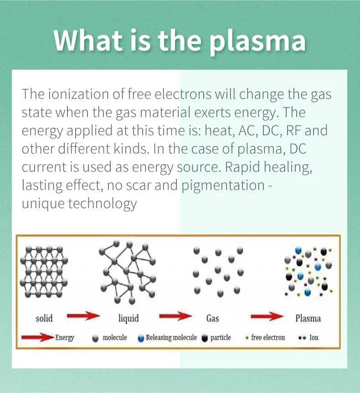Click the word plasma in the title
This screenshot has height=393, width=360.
[x=257, y=41]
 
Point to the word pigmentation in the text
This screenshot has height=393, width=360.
[x=223, y=186]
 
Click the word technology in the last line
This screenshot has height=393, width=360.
[x=103, y=204]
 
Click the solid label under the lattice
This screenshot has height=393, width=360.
[x=44, y=318]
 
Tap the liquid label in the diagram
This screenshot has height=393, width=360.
[x=129, y=318]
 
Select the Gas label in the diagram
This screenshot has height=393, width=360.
[x=212, y=318]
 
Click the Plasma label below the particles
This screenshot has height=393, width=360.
[x=308, y=318]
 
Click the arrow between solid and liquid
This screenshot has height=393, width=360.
[x=83, y=316]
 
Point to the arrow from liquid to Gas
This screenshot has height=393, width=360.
[x=175, y=316]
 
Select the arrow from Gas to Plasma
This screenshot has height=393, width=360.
[x=267, y=316]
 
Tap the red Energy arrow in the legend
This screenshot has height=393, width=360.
[x=38, y=337]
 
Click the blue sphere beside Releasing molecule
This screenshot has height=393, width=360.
[x=141, y=338]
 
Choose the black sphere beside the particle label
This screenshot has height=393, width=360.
[x=205, y=338]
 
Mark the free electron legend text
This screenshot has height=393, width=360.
[x=268, y=337]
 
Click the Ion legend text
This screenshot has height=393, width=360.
[x=314, y=337]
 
